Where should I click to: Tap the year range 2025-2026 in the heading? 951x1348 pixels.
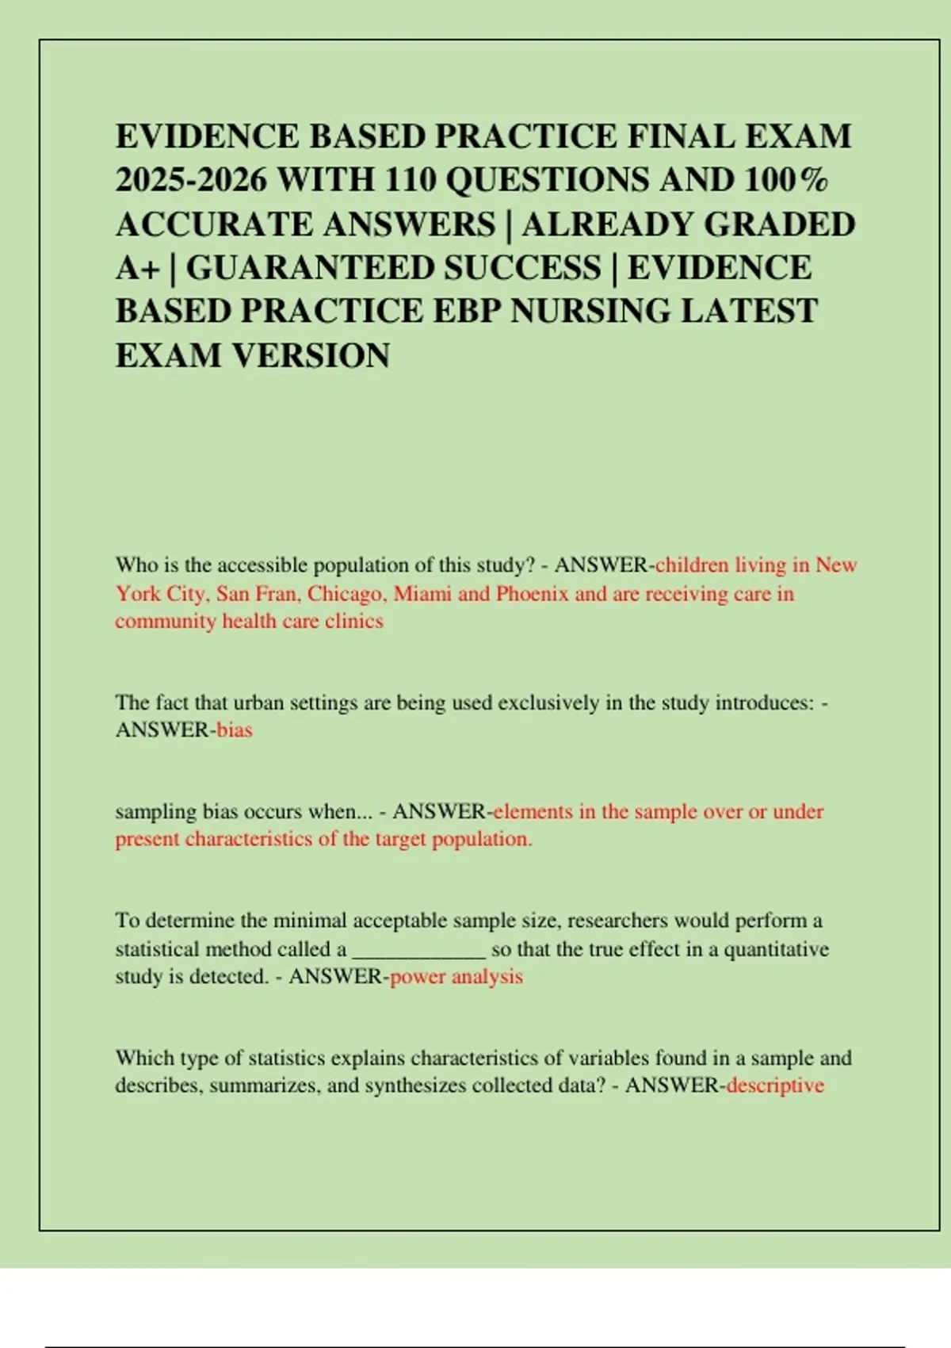point(191,181)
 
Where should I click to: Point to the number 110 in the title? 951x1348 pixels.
point(411,181)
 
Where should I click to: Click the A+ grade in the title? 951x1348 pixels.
point(136,268)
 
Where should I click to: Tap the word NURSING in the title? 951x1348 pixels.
point(590,311)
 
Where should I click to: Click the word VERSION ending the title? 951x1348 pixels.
point(310,355)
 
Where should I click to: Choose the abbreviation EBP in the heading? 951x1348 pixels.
point(467,311)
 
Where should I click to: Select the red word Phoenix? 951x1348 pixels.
point(533,594)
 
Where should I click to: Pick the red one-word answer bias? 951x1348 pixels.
point(234,730)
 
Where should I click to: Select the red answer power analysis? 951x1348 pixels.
point(456,977)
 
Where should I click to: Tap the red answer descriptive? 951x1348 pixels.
point(774,1086)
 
